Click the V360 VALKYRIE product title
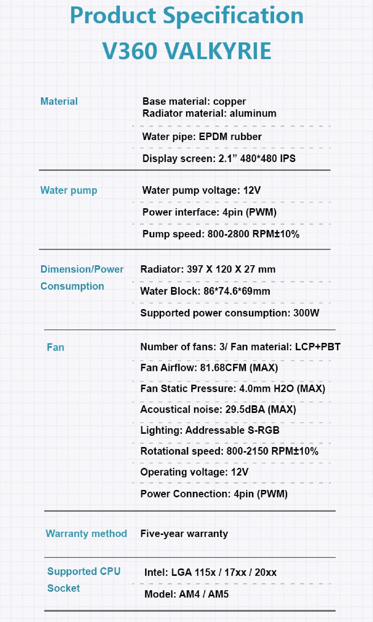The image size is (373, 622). (x=187, y=51)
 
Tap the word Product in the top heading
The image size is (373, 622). (x=113, y=16)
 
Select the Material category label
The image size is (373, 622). (x=59, y=101)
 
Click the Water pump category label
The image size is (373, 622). (x=69, y=190)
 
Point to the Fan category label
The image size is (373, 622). (x=55, y=347)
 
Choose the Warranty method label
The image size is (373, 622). (x=86, y=533)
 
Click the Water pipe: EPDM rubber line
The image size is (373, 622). (x=202, y=136)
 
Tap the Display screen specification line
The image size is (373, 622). (x=219, y=159)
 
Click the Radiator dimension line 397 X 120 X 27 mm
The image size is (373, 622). (x=208, y=269)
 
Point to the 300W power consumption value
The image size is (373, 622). (x=306, y=313)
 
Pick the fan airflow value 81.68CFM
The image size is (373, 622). (x=223, y=368)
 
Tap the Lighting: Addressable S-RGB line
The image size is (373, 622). (x=210, y=430)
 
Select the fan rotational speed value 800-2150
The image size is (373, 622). (x=247, y=451)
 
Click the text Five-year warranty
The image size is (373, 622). (x=184, y=533)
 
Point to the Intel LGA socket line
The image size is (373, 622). (x=210, y=572)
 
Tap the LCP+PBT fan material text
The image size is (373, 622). (x=318, y=347)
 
